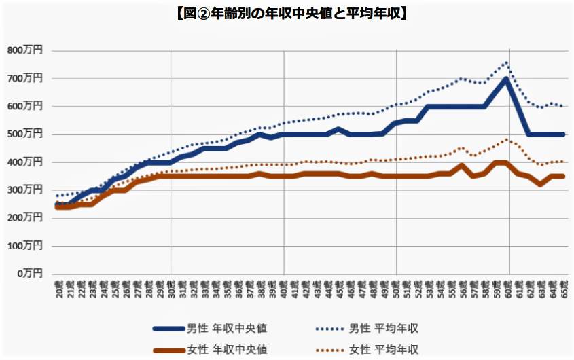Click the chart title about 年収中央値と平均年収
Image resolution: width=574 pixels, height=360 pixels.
click(287, 13)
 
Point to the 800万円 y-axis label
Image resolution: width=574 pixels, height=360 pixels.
click(25, 50)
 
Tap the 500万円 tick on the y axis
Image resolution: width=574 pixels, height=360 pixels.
click(25, 134)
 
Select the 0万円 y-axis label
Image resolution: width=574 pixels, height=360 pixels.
click(30, 273)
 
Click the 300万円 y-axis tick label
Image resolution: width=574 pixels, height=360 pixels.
click(25, 190)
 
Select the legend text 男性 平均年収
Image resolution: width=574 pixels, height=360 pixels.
click(384, 328)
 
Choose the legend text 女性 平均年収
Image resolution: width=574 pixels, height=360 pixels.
click(384, 350)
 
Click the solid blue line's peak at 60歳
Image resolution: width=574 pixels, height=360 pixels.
click(507, 79)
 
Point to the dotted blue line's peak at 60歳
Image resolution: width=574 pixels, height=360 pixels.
click(507, 62)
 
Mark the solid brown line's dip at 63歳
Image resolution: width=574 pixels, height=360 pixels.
click(541, 184)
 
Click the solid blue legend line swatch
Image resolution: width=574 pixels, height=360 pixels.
click(169, 328)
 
